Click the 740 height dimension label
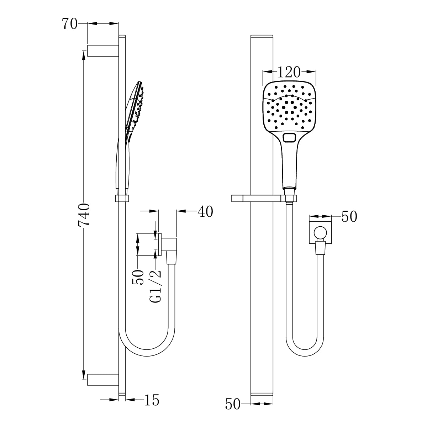(84, 215)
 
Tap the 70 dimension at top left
(70, 24)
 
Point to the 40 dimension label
(205, 211)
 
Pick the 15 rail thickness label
(151, 400)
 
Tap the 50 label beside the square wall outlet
(349, 216)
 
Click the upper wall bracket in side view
(103, 51)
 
